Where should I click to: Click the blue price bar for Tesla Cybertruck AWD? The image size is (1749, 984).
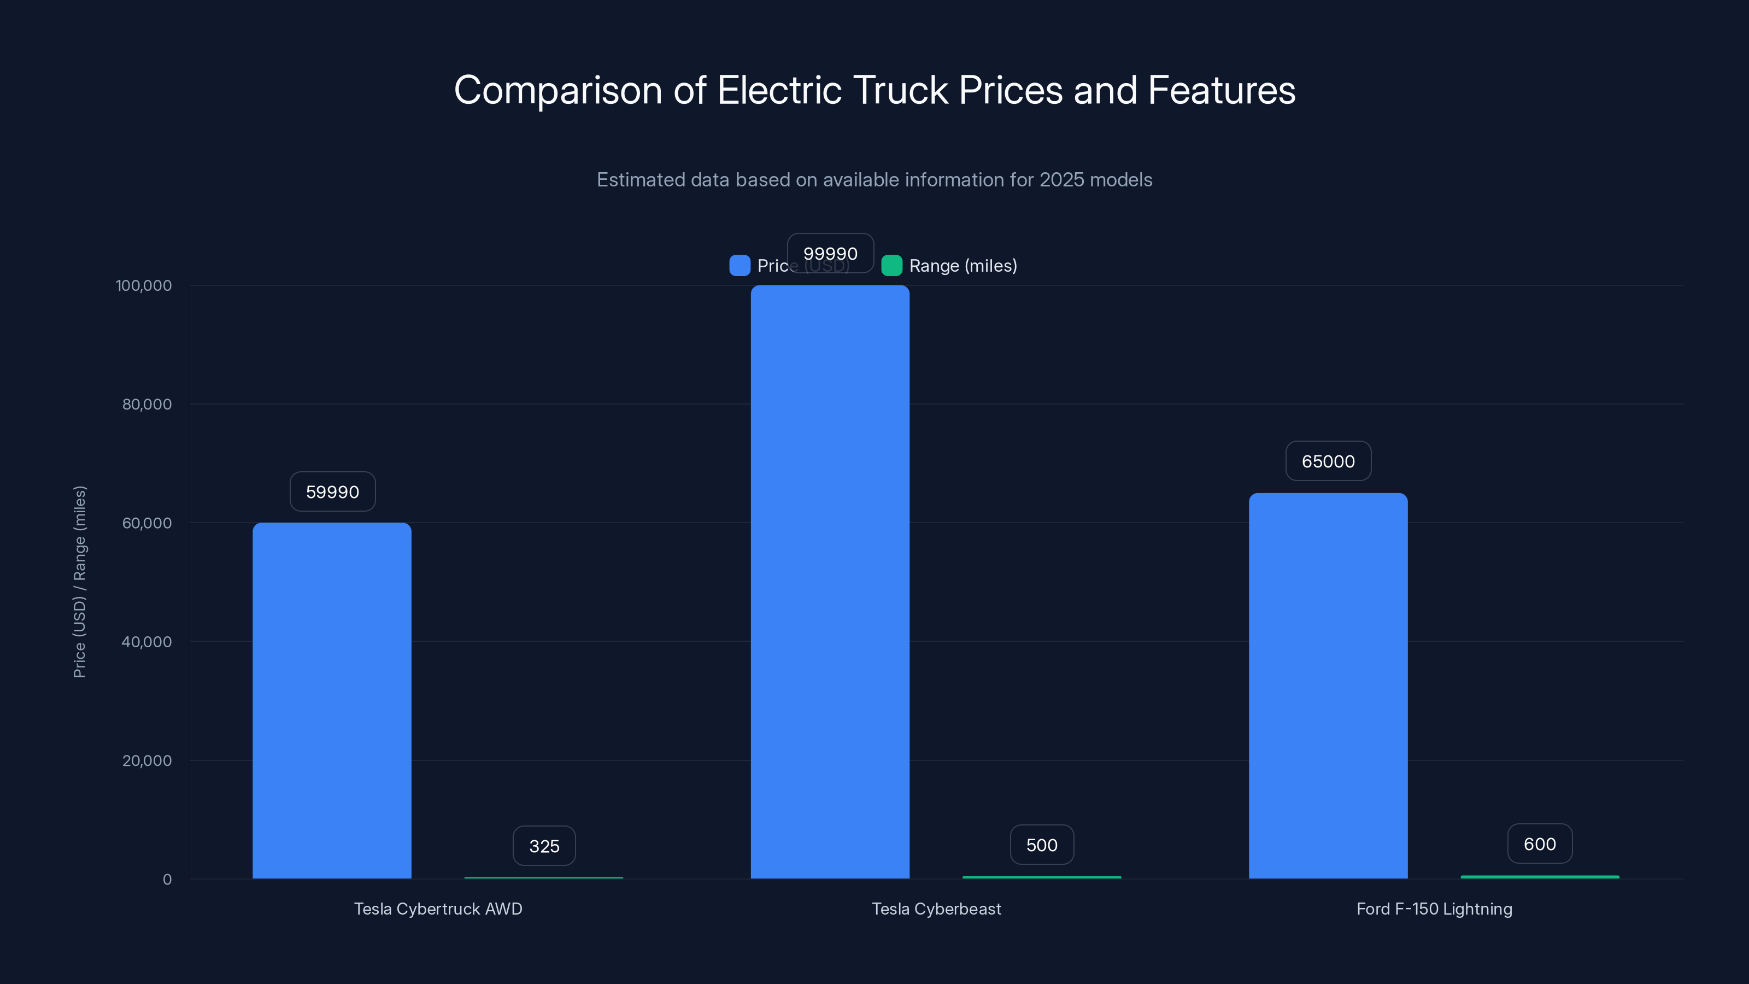tap(332, 700)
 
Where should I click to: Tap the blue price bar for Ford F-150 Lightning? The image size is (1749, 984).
tap(1328, 686)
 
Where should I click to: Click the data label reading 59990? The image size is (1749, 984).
tap(332, 491)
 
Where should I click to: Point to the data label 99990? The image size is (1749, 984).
tap(830, 253)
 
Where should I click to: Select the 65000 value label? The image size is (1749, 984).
tap(1328, 461)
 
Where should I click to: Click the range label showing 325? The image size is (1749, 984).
tap(544, 846)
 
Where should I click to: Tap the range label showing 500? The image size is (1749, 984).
tap(1042, 845)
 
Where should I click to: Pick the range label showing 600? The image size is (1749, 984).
tap(1539, 844)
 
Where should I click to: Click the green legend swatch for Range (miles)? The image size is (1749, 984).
tap(891, 266)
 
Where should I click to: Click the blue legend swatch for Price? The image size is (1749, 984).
tap(739, 266)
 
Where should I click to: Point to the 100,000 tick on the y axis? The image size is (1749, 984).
tap(143, 285)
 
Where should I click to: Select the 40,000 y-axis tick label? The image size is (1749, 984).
tap(146, 642)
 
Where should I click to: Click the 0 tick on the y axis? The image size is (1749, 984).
tap(167, 880)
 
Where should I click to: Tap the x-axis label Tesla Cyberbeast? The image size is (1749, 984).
tap(936, 909)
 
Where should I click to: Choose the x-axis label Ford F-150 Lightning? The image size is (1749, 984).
tap(1434, 909)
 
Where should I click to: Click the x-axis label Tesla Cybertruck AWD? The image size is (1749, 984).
tap(438, 909)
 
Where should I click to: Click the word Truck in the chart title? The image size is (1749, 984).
tap(900, 90)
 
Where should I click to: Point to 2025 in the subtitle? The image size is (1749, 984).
tap(1062, 180)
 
